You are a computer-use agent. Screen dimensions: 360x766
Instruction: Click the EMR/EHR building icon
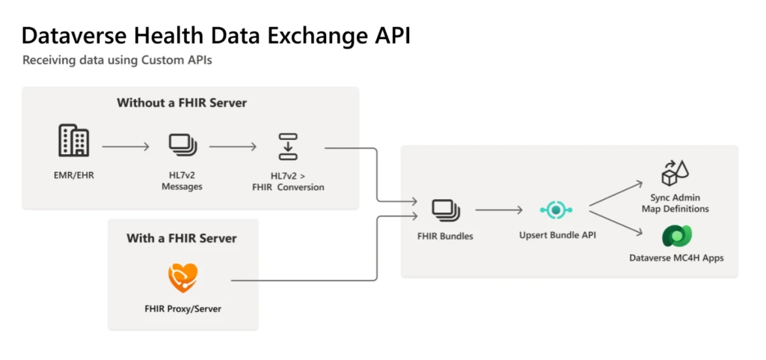pos(73,141)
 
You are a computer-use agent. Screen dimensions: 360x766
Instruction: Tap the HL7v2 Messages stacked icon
pos(182,144)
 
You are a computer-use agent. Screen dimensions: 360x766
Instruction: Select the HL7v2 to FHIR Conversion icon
pos(287,147)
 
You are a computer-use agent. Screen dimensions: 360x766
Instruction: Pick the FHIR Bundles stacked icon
pos(445,210)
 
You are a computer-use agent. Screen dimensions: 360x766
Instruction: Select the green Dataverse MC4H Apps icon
pos(676,237)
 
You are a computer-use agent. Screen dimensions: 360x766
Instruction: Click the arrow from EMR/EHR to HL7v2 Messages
pos(126,147)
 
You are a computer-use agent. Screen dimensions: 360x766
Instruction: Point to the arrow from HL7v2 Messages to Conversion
pos(234,147)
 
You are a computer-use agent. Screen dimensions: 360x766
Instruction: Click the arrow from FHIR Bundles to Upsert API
pos(498,210)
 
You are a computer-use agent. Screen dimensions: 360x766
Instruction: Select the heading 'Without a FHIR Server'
pos(182,103)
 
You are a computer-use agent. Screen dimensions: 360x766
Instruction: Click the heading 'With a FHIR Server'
pos(182,238)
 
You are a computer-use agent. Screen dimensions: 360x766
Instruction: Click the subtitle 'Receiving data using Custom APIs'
pos(117,61)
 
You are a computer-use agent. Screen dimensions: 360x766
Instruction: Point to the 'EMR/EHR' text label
pos(73,175)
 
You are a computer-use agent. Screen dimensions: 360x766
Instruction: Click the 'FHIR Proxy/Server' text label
pos(183,308)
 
